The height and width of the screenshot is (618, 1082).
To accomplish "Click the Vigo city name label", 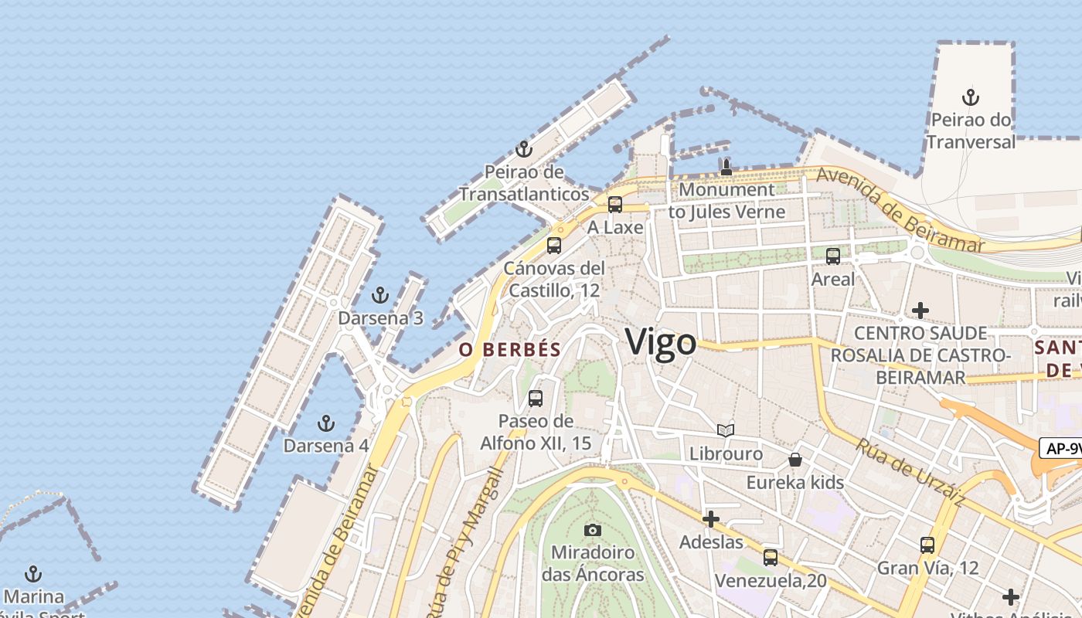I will point(661,341).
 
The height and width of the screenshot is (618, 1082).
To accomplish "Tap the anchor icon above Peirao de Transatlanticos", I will point(524,149).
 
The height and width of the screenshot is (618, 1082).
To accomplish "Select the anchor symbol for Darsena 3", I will point(379,295).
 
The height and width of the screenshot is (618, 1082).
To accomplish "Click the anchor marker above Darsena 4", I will point(326,423).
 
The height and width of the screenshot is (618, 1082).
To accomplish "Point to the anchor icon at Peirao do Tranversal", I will point(970,97).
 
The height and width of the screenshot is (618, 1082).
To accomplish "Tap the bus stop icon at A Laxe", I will point(615,205).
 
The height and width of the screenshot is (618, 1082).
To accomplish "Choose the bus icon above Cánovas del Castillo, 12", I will point(554,246).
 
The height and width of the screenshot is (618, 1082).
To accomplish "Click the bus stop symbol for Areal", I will point(833,256).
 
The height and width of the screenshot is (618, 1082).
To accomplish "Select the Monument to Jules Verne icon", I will point(726,167).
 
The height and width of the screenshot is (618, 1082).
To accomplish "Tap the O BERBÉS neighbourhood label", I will point(510,349).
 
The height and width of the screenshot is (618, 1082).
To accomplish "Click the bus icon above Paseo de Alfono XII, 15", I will point(536,399).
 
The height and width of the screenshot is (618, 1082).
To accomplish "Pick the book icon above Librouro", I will point(726,430).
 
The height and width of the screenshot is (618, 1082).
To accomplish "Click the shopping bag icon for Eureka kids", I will point(795,460).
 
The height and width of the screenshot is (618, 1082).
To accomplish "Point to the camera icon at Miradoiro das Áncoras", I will point(593,530).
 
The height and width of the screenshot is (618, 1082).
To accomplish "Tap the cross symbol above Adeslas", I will point(711,519).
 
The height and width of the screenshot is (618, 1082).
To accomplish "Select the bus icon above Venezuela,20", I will point(771,558).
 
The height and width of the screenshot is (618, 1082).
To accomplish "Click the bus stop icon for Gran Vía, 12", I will point(927,545).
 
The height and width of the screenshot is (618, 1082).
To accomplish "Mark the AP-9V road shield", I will point(1060,448).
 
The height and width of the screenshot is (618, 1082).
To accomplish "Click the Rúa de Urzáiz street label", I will point(910,472).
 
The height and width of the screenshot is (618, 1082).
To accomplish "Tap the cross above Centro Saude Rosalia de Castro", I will point(920,311).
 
